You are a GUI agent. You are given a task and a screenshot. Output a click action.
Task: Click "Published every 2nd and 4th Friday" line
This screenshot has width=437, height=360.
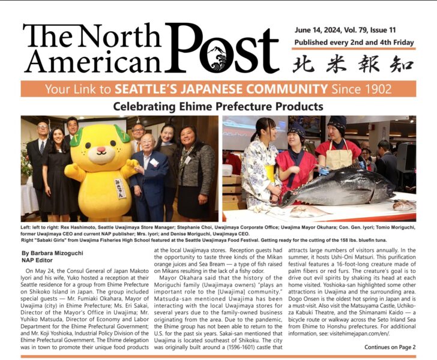[354, 43]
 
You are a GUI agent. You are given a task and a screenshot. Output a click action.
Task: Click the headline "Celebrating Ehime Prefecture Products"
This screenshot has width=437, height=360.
[218, 106]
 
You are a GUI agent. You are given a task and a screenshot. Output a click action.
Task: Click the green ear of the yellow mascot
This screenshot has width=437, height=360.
[123, 135]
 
